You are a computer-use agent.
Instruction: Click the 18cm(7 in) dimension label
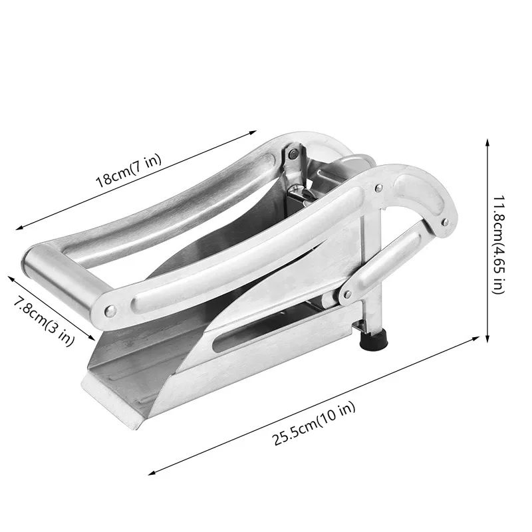tap(128, 171)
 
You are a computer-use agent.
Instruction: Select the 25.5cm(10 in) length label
tap(314, 423)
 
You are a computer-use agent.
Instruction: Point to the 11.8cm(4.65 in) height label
tap(499, 245)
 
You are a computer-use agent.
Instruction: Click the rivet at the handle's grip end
tap(110, 310)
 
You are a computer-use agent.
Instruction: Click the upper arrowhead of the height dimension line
tap(487, 142)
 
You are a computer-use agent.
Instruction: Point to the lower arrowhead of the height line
tap(487, 338)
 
